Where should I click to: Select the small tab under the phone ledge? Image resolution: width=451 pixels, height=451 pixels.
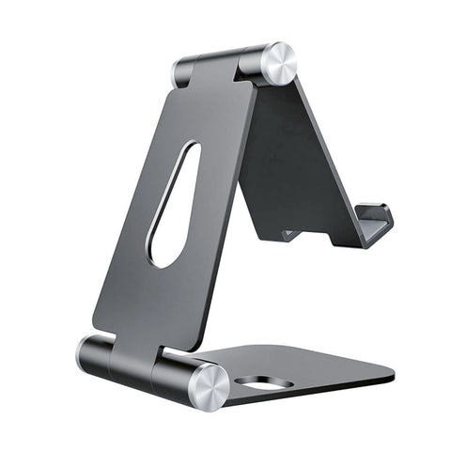(x=291, y=236)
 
